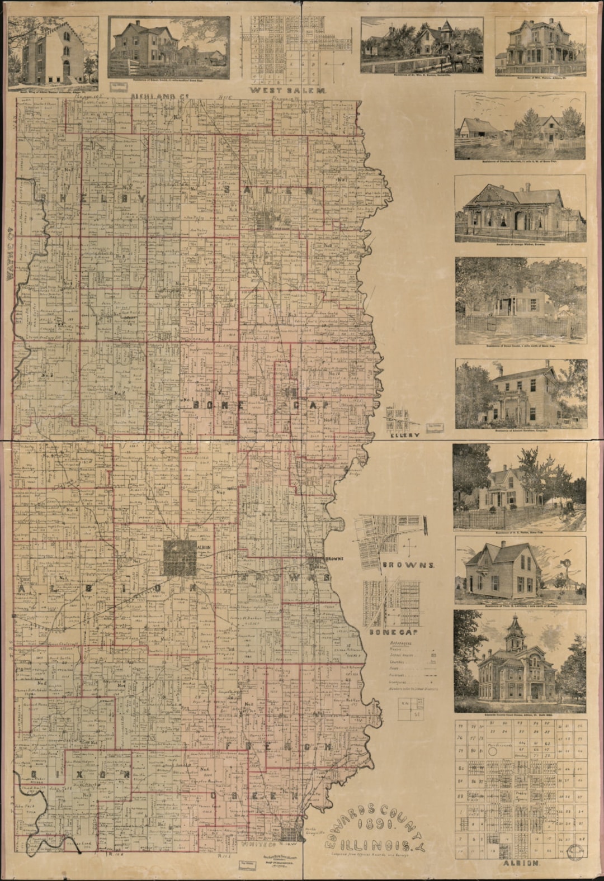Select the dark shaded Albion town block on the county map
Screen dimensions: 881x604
180,557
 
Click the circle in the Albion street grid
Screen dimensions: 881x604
493,752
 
